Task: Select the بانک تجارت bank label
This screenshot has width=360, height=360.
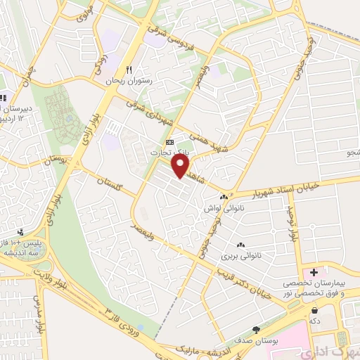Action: coord(166,151)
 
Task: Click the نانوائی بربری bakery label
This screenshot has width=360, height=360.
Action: coord(239,257)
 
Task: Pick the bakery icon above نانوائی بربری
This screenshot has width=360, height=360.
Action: coord(240,245)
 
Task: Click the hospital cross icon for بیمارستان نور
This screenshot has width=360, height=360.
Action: coord(314,271)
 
